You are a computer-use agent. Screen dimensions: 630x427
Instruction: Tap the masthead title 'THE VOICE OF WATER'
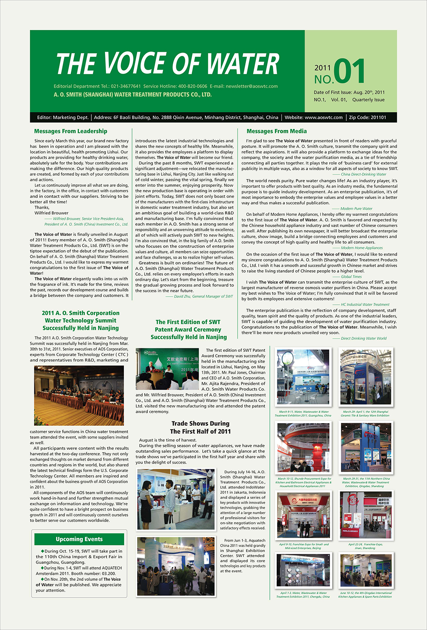167,64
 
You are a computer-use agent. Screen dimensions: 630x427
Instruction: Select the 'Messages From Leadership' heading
70,131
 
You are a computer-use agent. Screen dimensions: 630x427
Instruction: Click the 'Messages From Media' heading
276,131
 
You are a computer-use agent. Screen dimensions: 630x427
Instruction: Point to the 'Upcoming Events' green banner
79,539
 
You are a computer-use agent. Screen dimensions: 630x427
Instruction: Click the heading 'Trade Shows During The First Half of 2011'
200,427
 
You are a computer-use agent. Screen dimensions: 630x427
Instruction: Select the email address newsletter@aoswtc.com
252,86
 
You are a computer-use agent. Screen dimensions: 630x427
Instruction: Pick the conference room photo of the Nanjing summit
79,395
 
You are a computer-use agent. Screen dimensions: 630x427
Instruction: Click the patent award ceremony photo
167,368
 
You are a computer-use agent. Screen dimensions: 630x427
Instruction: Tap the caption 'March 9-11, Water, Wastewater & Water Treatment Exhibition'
303,414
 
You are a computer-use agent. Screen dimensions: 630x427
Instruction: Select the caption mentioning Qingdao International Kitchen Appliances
365,595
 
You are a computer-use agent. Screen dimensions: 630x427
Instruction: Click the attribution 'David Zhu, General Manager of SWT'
203,296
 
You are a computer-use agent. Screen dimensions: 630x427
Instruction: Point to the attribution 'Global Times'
351,277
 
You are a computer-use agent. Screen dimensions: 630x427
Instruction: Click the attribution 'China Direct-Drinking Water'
363,174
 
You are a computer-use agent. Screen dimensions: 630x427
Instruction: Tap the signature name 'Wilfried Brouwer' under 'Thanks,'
52,213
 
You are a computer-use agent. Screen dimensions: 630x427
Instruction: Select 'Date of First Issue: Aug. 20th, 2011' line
349,92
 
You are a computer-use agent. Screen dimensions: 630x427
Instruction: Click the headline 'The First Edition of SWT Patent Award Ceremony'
188,330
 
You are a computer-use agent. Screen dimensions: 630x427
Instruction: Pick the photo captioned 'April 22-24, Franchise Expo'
365,515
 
